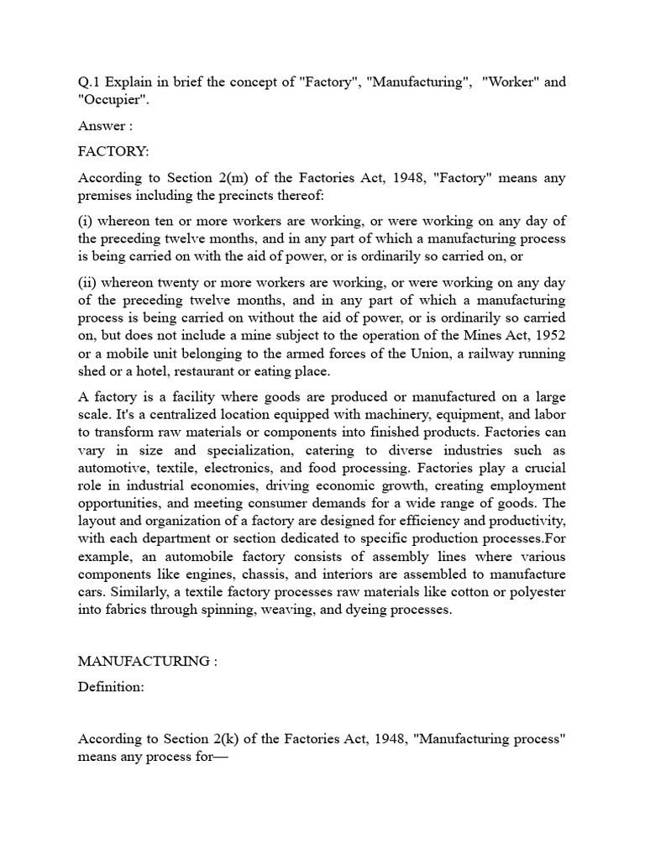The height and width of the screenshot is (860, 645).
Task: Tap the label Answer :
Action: [x=106, y=126]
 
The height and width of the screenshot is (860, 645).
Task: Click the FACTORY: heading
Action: [x=113, y=152]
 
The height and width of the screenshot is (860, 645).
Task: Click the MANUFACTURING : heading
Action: [x=147, y=661]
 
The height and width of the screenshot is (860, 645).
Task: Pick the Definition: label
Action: [x=111, y=687]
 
